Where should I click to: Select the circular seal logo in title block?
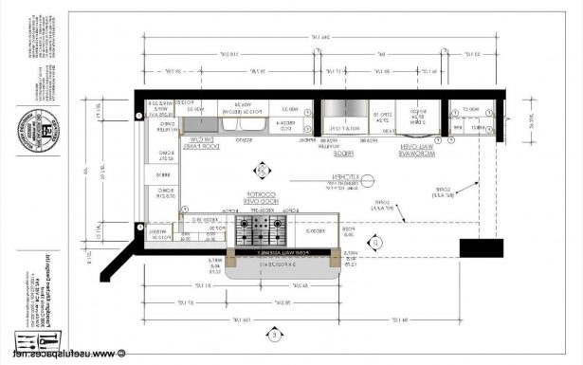click(x=43, y=128)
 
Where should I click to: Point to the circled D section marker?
click(x=376, y=244)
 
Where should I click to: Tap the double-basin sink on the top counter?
click(x=230, y=118)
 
